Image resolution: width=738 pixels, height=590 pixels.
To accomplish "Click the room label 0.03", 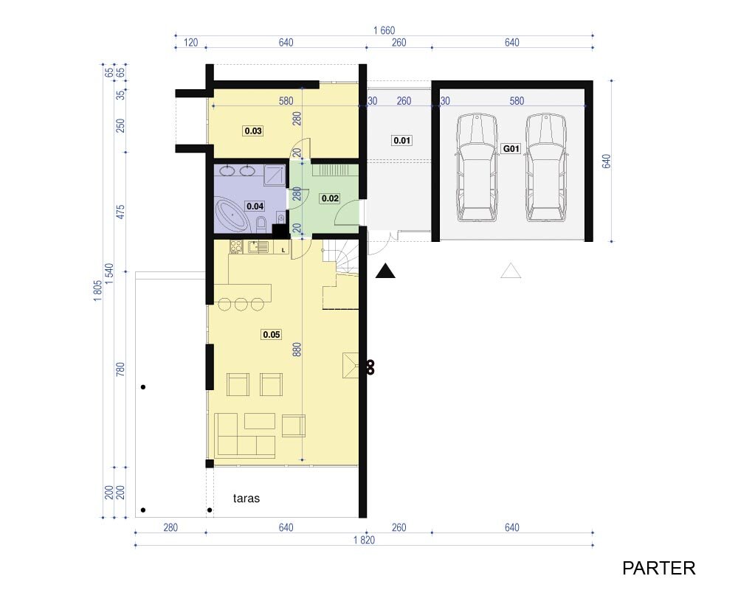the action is (x=253, y=131).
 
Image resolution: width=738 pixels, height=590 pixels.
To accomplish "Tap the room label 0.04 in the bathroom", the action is (x=255, y=206).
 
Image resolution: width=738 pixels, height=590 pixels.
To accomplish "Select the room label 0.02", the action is (x=330, y=198).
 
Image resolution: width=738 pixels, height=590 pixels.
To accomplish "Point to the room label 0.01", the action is (x=402, y=140).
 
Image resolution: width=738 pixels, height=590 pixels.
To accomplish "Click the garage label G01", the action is (x=511, y=149).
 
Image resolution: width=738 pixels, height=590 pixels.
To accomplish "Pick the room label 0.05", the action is (x=272, y=335).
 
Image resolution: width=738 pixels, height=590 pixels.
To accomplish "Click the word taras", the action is (x=246, y=499).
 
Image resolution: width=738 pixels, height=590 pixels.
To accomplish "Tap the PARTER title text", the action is (x=658, y=569).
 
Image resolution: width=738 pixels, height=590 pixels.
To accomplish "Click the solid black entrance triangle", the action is (x=385, y=271).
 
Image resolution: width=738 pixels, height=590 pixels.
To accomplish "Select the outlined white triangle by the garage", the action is (x=511, y=271).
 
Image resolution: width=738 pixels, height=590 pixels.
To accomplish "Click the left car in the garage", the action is (x=476, y=167).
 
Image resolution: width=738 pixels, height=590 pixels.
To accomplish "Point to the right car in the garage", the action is (x=546, y=167).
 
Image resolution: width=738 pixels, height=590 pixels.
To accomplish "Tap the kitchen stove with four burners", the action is (x=236, y=246).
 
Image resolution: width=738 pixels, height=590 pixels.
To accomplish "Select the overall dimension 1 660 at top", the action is (x=384, y=30).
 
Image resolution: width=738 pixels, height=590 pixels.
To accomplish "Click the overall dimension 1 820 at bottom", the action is (x=365, y=540).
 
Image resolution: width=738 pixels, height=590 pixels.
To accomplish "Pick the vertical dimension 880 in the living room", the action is (x=297, y=349).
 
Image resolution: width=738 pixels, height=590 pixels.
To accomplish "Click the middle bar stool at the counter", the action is (x=241, y=305).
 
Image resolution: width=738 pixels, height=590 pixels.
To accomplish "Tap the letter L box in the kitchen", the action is (x=283, y=250).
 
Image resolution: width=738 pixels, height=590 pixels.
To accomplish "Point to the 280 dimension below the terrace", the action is (x=170, y=527).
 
